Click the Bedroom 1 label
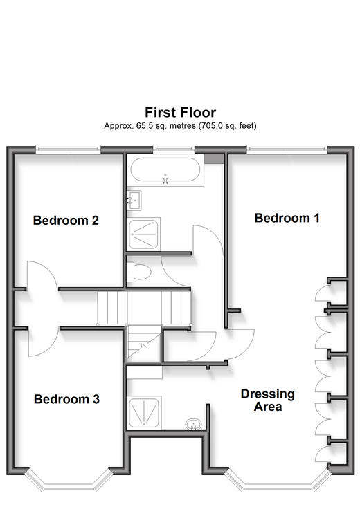tap(287, 218)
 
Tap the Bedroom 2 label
tap(66, 220)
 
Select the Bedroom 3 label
tap(66, 399)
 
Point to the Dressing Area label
tap(268, 400)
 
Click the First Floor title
tap(181, 112)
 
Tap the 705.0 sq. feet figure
tap(227, 125)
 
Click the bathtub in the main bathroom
tap(165, 169)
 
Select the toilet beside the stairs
tap(138, 272)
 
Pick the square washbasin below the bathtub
tap(134, 200)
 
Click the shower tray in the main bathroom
tap(143, 234)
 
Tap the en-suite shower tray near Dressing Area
tap(144, 412)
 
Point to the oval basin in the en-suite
tap(193, 424)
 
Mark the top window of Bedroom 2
tap(68, 149)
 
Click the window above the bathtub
tap(174, 149)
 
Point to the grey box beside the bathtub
tap(214, 159)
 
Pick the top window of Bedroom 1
tap(287, 149)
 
